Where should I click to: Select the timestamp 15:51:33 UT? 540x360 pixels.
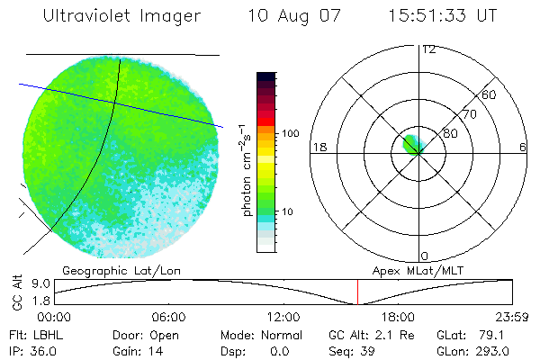[444, 16]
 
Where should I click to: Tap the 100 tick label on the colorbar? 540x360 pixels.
[290, 133]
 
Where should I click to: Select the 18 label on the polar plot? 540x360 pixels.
[318, 147]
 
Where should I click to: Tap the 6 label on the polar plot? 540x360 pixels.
[522, 147]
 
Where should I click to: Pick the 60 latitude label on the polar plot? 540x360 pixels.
[490, 94]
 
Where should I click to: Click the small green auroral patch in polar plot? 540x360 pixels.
[413, 143]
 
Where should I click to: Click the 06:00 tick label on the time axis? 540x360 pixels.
[169, 317]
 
